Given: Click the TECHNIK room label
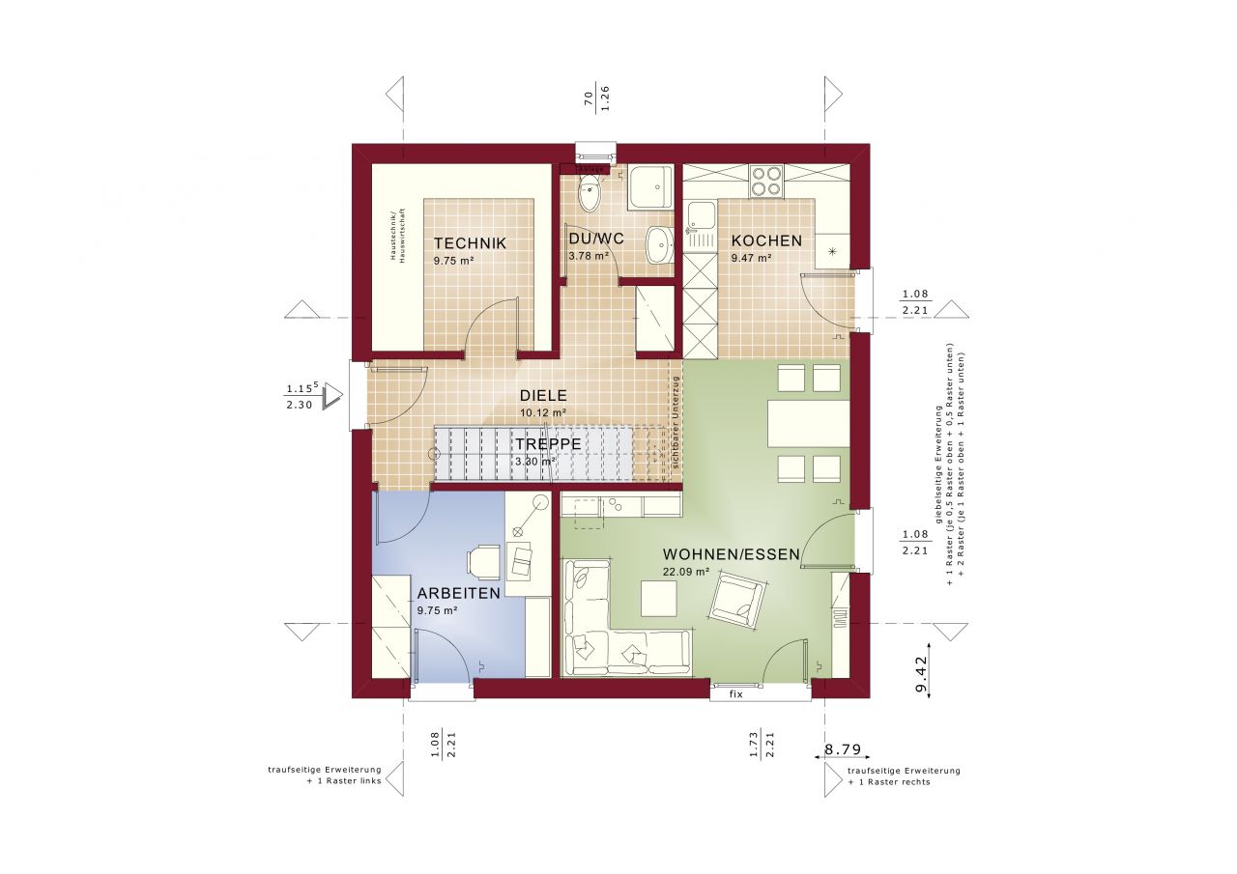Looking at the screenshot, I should (469, 243).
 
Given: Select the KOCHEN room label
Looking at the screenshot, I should (765, 240).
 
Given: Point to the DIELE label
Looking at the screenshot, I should (542, 395).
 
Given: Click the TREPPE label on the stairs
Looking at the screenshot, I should (547, 443).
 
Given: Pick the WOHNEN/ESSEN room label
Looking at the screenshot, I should (731, 554).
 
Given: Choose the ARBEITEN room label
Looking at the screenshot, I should (458, 593).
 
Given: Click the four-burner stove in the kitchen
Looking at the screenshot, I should (767, 181).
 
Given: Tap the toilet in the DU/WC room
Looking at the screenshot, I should (589, 192).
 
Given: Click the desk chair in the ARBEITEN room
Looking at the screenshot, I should (483, 559).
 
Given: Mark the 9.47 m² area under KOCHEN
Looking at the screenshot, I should (751, 258).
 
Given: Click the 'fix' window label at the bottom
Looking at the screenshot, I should (735, 693).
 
